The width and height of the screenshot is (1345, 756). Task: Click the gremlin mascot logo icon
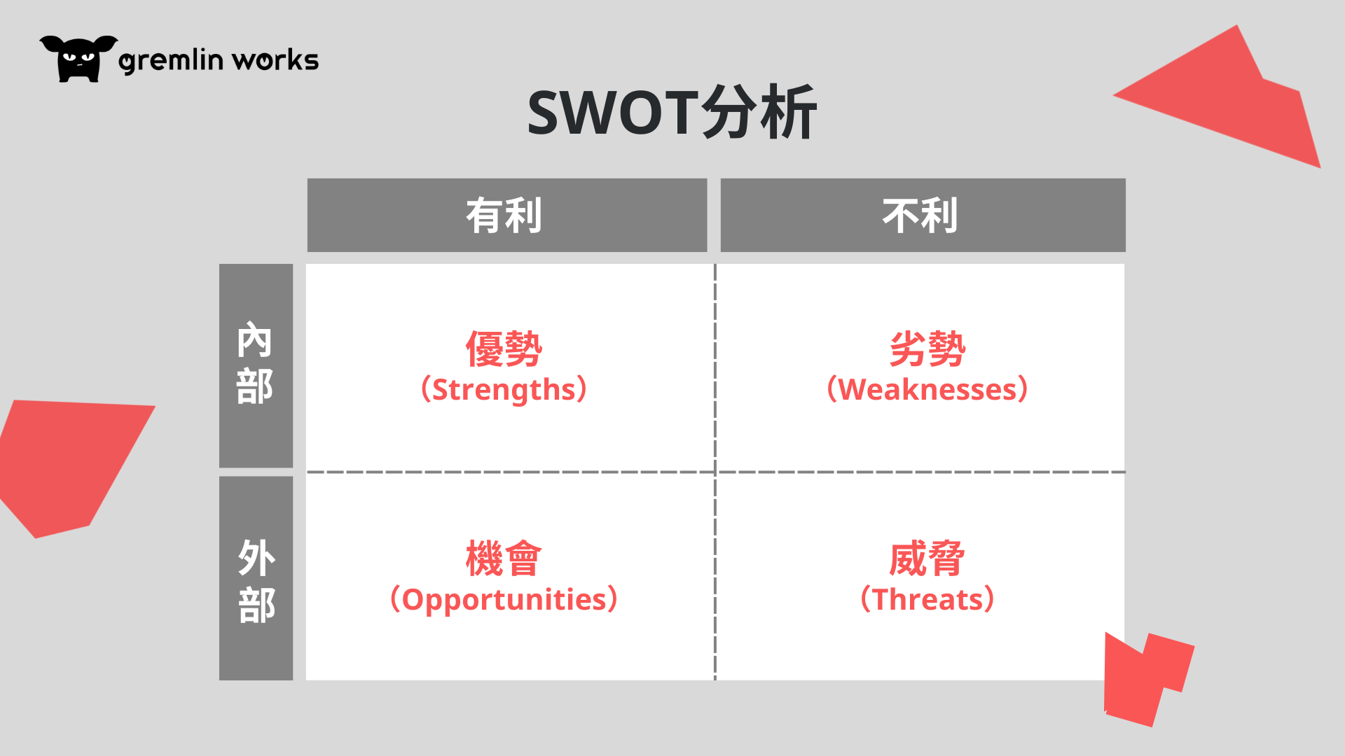(x=78, y=59)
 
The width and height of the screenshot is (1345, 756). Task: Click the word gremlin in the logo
(x=171, y=61)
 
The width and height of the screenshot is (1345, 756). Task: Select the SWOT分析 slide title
(x=672, y=113)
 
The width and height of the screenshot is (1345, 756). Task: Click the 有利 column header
(x=506, y=215)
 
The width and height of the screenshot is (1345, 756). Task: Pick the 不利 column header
(x=923, y=215)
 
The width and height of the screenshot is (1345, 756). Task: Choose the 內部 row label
(x=256, y=365)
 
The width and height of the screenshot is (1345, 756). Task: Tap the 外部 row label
(x=256, y=578)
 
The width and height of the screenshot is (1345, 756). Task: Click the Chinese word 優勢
(x=504, y=349)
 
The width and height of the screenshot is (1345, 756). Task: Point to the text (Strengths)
(x=504, y=389)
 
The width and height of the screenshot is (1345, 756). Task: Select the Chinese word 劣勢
(x=927, y=349)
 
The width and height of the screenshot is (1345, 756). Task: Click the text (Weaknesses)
(x=927, y=389)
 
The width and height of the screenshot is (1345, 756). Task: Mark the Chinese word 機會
(x=504, y=559)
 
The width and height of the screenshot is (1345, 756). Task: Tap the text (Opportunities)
(x=504, y=599)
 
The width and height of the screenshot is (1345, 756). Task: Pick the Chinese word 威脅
(x=927, y=559)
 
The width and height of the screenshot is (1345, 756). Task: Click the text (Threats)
(x=927, y=599)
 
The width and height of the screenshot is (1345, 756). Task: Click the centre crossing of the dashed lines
(x=715, y=472)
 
